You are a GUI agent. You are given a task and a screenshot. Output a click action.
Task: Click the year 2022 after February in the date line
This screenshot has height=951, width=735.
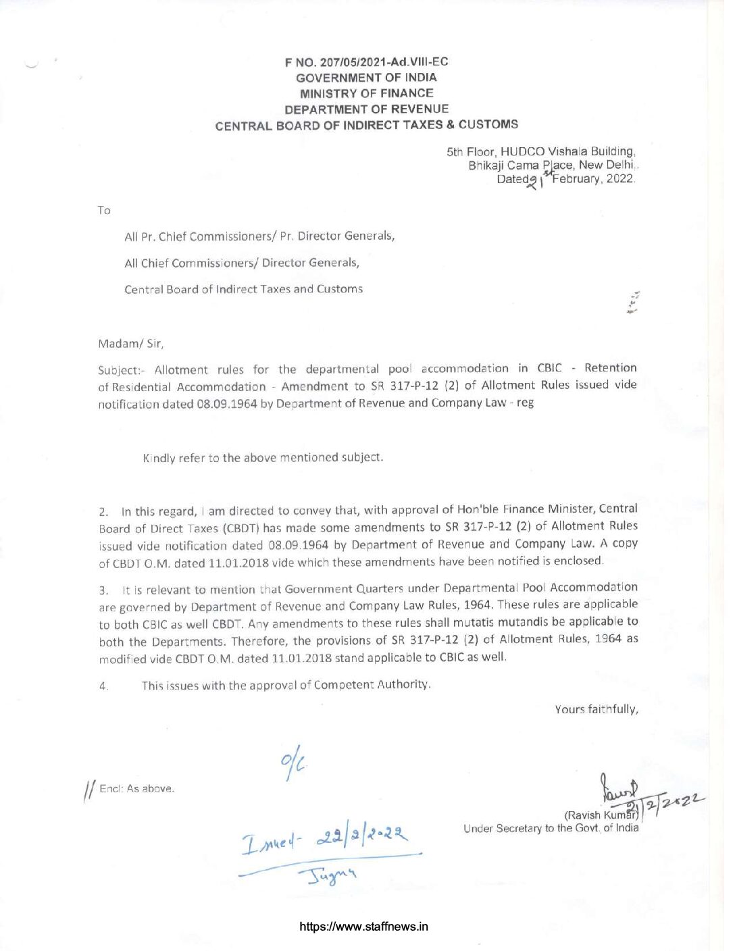[620, 178]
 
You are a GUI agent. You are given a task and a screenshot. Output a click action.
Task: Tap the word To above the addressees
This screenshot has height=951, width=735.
[103, 210]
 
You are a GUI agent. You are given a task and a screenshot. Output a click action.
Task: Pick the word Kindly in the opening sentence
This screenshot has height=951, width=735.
[159, 458]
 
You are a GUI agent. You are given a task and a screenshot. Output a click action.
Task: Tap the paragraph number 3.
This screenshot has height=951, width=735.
[103, 590]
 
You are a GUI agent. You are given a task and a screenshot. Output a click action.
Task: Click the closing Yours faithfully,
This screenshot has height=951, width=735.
[596, 709]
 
